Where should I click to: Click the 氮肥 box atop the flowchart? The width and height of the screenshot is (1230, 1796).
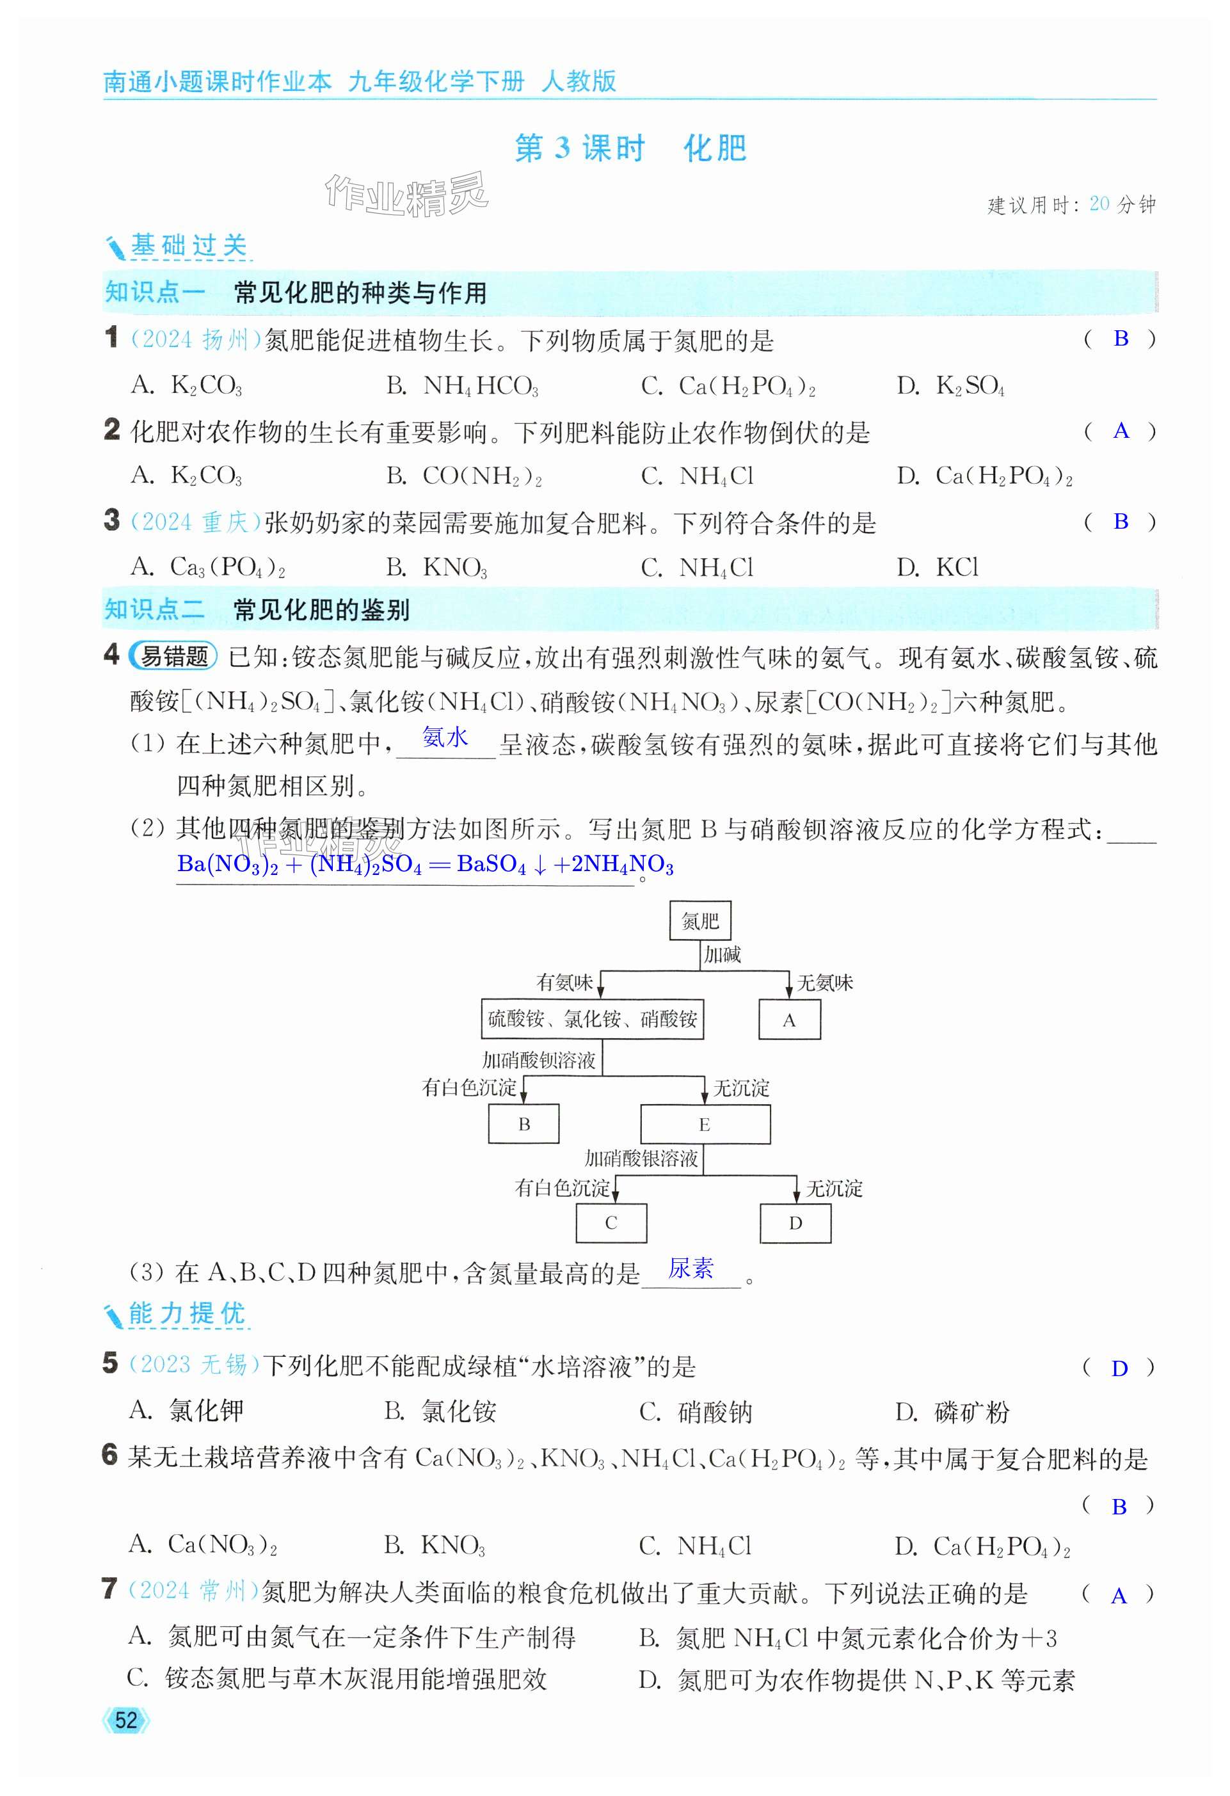coord(699,920)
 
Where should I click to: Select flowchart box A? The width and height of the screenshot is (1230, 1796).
coord(789,1020)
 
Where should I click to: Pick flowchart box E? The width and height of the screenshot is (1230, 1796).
coord(705,1125)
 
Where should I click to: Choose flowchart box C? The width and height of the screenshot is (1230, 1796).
coord(611,1223)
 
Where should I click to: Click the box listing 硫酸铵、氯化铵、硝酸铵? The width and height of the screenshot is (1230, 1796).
coord(592,1020)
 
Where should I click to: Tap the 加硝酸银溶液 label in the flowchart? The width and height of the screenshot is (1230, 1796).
coord(641,1159)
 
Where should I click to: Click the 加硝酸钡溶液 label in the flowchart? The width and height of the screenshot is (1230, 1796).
coord(538,1061)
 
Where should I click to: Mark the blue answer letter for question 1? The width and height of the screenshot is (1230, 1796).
coord(1121,339)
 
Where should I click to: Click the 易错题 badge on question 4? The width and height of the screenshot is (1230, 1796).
coord(173,656)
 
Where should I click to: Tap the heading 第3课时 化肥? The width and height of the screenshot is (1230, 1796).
coord(630,148)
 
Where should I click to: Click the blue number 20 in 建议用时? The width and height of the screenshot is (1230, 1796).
coord(1099,204)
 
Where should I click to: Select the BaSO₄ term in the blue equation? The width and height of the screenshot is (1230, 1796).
coord(491,864)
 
